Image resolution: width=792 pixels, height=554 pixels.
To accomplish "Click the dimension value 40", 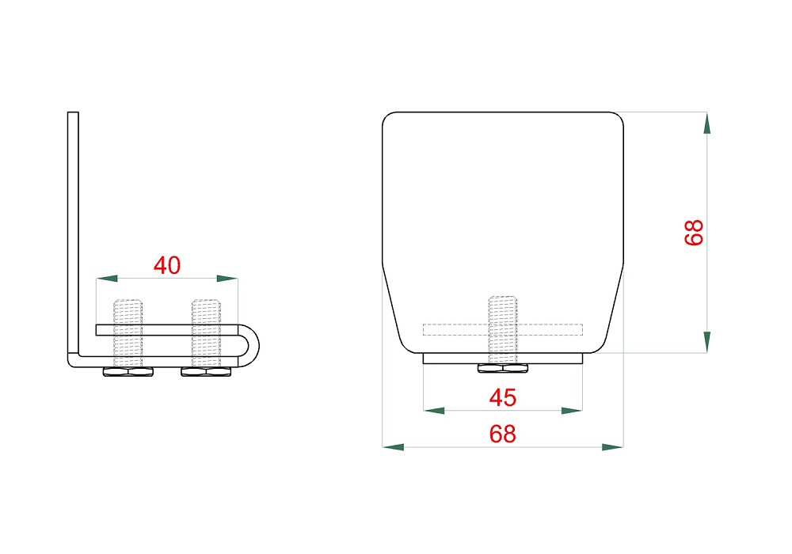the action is tap(167, 265).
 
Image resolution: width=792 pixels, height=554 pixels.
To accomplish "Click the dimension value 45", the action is tap(503, 397).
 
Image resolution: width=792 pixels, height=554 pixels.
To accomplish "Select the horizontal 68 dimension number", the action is tap(503, 434).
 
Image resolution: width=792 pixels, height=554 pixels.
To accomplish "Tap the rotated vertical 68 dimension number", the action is tap(694, 233).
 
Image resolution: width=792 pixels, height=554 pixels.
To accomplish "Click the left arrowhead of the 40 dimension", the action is tap(107, 278).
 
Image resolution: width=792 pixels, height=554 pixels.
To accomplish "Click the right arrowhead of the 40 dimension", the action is tap(227, 278).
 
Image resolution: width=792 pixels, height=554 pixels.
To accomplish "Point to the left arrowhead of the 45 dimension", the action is tap(434, 411).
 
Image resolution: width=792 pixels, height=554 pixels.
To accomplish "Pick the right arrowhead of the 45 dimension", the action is tap(572, 411).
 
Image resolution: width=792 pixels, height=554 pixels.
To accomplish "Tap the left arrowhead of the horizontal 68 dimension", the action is tap(393, 447).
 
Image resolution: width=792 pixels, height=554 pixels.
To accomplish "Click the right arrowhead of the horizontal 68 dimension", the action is tap(613, 447).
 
